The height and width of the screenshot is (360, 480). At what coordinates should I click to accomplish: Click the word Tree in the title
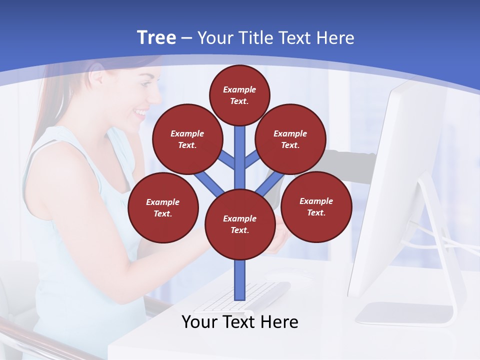click(x=156, y=38)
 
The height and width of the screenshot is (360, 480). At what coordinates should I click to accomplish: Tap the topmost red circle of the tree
click(x=239, y=95)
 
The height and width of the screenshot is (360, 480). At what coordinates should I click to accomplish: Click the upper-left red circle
click(x=187, y=139)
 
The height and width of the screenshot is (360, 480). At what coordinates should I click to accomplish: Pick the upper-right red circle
click(x=290, y=139)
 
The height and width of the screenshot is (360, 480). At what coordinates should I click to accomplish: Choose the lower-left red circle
click(x=163, y=207)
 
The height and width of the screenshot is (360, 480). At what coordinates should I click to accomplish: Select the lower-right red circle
click(x=316, y=206)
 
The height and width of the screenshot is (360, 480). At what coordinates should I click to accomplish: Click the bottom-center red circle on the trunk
click(x=240, y=224)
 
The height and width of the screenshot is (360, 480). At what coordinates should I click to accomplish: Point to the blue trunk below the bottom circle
click(x=240, y=280)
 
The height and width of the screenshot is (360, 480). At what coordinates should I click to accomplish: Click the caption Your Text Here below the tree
click(x=240, y=322)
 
